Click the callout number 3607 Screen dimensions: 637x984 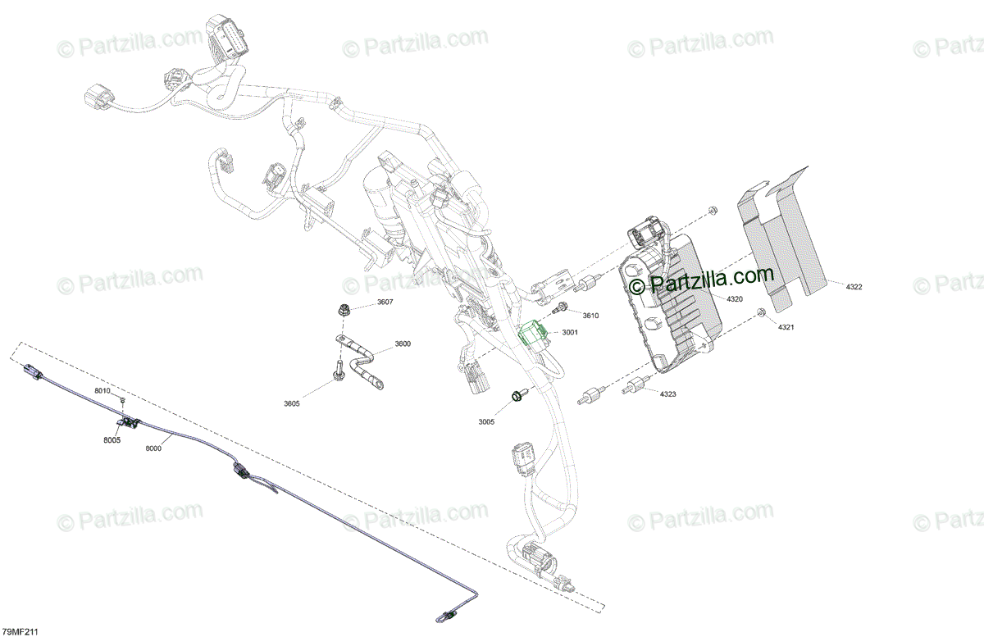point(385,303)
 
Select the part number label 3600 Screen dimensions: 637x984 point(402,344)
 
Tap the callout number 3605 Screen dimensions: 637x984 point(292,403)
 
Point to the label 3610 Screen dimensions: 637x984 point(590,316)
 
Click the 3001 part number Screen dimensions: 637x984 point(569,332)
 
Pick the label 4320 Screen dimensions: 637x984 point(734,299)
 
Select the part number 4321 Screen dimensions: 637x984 point(786,327)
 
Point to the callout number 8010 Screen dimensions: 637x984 point(102,391)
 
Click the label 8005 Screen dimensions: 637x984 point(112,440)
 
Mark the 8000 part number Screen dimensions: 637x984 point(153,448)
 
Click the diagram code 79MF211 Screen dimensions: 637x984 point(20,631)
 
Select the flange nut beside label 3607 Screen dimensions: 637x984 point(344,310)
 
